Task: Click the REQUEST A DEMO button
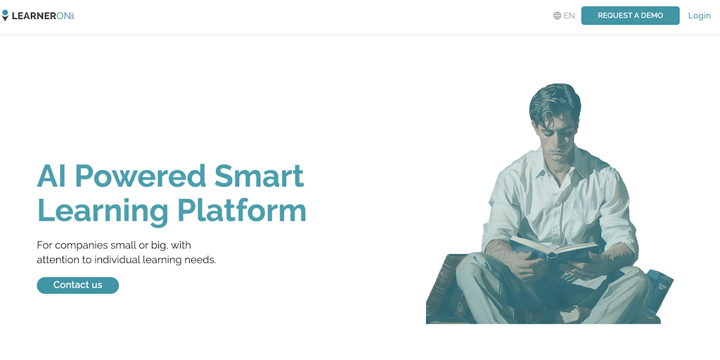pyautogui.click(x=630, y=15)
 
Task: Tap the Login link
pyautogui.click(x=700, y=15)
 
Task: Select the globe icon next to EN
pyautogui.click(x=558, y=15)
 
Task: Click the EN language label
pyautogui.click(x=569, y=15)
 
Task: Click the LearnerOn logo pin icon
pyautogui.click(x=5, y=15)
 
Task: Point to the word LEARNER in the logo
pyautogui.click(x=34, y=16)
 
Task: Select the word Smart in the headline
pyautogui.click(x=259, y=175)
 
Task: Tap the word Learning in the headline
pyautogui.click(x=103, y=211)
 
